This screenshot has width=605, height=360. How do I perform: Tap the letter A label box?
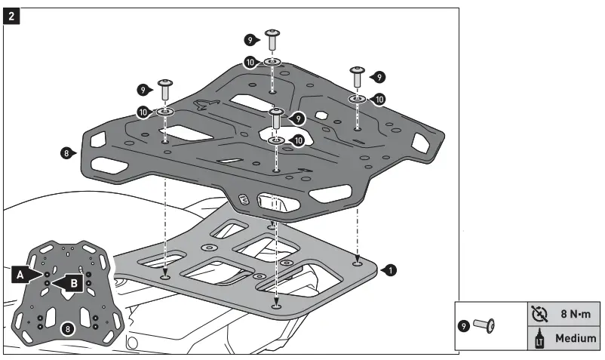tap(21, 276)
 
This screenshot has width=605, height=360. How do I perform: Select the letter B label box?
tap(73, 283)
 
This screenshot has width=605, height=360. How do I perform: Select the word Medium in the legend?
tap(576, 339)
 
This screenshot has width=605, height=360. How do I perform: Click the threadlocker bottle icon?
tap(538, 339)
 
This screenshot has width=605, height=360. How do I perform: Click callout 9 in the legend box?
tap(468, 327)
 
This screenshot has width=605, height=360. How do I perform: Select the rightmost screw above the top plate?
tap(357, 77)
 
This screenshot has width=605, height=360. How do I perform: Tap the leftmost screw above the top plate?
tap(164, 89)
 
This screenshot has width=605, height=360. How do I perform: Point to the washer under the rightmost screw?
tap(357, 99)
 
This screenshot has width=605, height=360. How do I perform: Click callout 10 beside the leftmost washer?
tap(143, 112)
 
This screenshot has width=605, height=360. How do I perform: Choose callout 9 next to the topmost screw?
tap(250, 39)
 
